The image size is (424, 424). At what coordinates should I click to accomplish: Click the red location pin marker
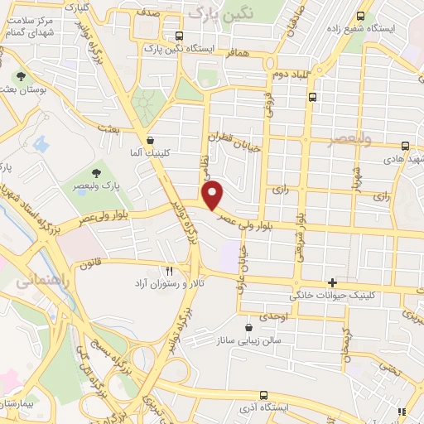(214, 195)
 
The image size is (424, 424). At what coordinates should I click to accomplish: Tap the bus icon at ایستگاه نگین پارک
(180, 36)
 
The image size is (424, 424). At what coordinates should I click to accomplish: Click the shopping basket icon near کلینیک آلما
(150, 140)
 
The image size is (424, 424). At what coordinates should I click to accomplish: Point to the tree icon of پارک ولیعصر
(98, 173)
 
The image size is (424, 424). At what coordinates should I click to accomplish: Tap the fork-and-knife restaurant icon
(170, 270)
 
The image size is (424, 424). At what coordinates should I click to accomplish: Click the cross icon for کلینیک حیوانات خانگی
(332, 282)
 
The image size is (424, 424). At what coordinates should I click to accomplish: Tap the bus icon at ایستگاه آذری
(263, 395)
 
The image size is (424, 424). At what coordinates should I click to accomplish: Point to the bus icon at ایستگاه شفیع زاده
(360, 16)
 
